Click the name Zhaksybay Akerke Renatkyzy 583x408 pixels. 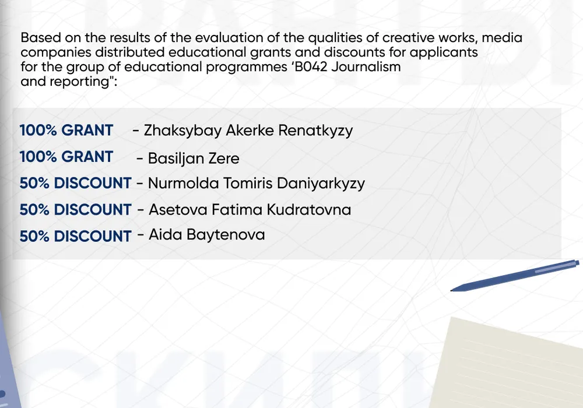point(248,131)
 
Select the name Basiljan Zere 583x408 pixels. point(194,159)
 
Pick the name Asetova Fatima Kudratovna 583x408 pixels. point(250,210)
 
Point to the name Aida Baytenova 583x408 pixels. point(207,235)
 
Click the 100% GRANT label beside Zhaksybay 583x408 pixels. point(66,131)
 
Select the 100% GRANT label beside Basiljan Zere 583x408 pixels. point(66,157)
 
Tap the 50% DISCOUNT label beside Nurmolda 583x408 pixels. point(75,183)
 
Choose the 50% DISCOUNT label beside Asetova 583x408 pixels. point(75,210)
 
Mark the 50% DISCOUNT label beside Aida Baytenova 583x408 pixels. point(75,236)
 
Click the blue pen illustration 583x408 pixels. point(515,275)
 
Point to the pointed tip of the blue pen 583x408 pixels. point(451,290)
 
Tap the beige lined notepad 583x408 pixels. point(506,363)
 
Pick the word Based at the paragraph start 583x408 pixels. point(40,37)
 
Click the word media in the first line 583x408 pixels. point(502,37)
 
